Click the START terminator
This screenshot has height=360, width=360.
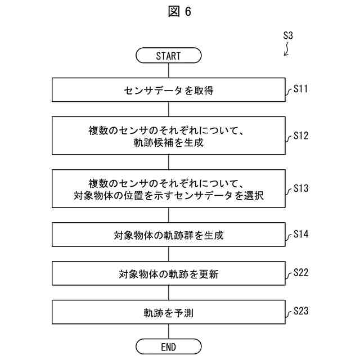click(168, 56)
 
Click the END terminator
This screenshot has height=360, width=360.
click(168, 345)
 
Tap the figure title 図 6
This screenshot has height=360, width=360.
click(179, 12)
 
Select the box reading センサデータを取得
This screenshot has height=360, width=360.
click(168, 90)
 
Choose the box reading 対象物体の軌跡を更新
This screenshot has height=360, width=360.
click(168, 274)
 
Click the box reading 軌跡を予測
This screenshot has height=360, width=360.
click(168, 312)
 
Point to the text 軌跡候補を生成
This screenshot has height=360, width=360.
click(168, 143)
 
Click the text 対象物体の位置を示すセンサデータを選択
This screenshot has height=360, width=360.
click(168, 197)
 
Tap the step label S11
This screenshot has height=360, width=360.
click(301, 89)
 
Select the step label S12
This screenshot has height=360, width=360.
click(301, 136)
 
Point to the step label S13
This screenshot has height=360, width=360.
click(301, 189)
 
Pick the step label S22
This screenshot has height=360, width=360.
click(301, 273)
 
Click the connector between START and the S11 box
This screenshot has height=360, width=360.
click(168, 70)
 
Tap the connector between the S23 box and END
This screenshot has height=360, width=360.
click(168, 331)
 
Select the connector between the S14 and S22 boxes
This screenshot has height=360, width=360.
click(168, 255)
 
